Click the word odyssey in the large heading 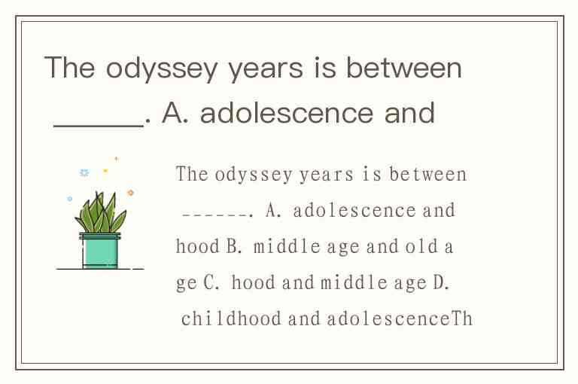(162, 69)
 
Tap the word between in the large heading (403, 68)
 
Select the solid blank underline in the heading (99, 126)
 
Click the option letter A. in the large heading (175, 113)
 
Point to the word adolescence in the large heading (287, 113)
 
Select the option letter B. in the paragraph (234, 246)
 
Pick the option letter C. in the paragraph (211, 282)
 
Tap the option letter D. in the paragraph (441, 282)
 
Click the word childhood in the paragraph (231, 318)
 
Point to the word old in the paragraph (421, 246)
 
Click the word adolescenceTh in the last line (400, 318)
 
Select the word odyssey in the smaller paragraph (254, 175)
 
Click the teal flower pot (100, 251)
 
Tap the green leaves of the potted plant (100, 213)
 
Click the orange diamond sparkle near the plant (130, 193)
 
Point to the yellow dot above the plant (105, 170)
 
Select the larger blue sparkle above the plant (84, 172)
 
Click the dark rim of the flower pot (100, 236)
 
